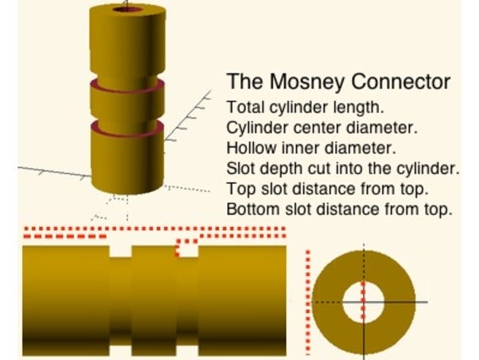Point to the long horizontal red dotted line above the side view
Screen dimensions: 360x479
(153, 227)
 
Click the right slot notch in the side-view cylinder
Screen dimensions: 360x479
(188, 252)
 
